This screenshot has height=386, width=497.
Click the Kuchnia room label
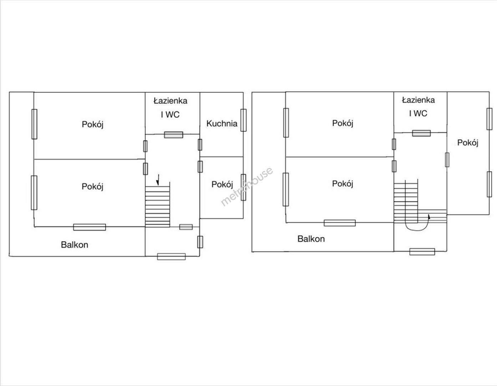[x=222, y=124]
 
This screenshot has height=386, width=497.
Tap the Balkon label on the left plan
[x=75, y=245]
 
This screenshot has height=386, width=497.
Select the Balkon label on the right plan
[x=311, y=239]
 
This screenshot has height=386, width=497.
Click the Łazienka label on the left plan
[x=171, y=101]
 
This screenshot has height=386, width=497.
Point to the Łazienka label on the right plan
[x=418, y=100]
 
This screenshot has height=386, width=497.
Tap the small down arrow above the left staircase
[x=158, y=180]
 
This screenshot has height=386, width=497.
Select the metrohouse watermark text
[x=247, y=187]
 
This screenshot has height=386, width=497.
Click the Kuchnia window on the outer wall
[x=243, y=120]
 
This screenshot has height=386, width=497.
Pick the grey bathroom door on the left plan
[x=174, y=135]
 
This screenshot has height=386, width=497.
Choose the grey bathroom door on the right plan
[x=421, y=133]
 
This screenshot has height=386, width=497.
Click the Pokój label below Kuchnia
[x=222, y=184]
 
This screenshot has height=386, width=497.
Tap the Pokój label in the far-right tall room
[x=468, y=143]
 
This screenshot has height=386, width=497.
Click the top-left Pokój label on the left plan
[x=93, y=124]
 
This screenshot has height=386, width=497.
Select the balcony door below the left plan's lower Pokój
[x=90, y=227]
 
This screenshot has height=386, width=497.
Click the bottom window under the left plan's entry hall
[x=171, y=257]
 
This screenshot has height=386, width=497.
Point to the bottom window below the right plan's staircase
[x=422, y=252]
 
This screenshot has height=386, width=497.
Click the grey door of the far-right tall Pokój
[x=447, y=160]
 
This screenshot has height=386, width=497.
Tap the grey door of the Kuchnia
[x=200, y=145]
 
